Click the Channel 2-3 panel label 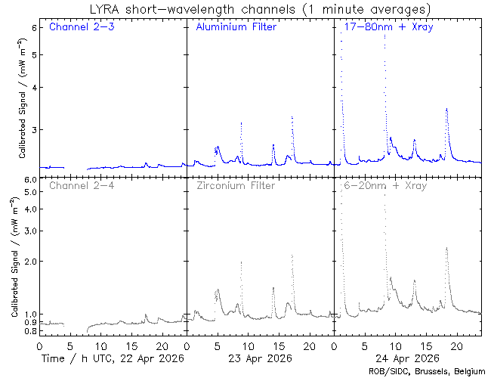82,28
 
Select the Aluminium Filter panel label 236,28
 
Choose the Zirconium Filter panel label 236,184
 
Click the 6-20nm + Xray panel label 384,184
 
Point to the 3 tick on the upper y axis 34,129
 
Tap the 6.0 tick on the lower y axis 30,180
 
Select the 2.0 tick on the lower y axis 30,261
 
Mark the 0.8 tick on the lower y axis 30,331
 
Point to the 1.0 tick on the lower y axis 30,314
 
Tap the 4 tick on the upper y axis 34,87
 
